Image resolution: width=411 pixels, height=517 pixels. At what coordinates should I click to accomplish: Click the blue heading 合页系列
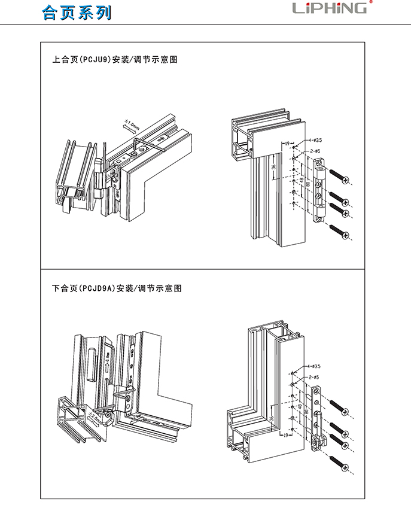pyautogui.click(x=77, y=13)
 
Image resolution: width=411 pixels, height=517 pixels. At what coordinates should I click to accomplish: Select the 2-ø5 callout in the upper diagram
pyautogui.click(x=316, y=150)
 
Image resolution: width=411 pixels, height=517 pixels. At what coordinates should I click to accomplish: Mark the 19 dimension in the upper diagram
pyautogui.click(x=287, y=144)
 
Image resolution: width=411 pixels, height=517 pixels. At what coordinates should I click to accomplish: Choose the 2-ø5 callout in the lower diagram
pyautogui.click(x=314, y=377)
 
